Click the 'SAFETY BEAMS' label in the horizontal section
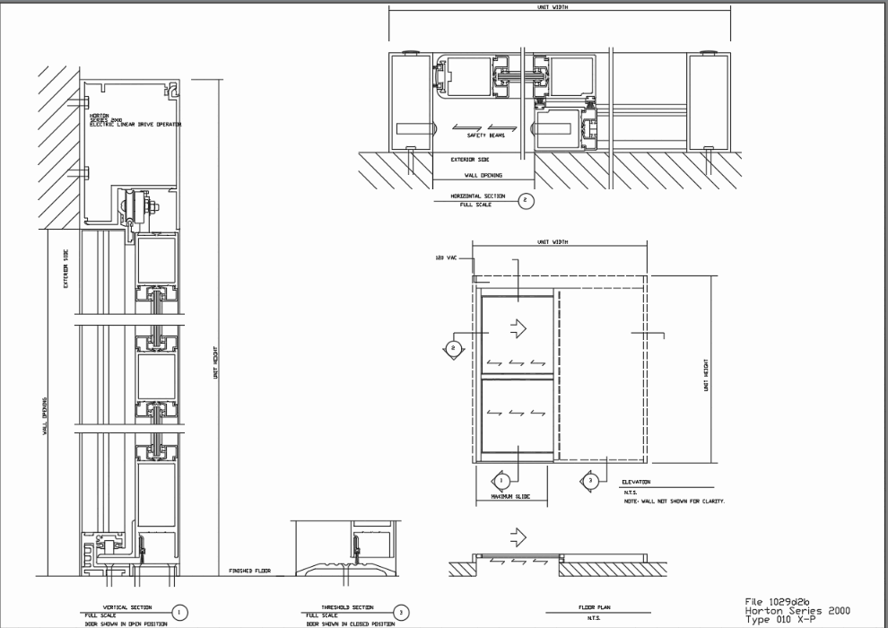tap(485, 135)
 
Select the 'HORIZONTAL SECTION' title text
tap(476, 196)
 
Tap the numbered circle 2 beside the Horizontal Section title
tap(527, 200)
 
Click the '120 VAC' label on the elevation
tap(446, 257)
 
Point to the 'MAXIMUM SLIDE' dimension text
tap(510, 496)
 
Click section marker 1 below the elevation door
tap(501, 481)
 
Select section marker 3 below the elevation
tap(591, 481)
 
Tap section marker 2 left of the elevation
tap(454, 346)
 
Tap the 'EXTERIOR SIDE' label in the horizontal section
tap(469, 159)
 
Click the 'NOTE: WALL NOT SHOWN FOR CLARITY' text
tap(674, 501)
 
